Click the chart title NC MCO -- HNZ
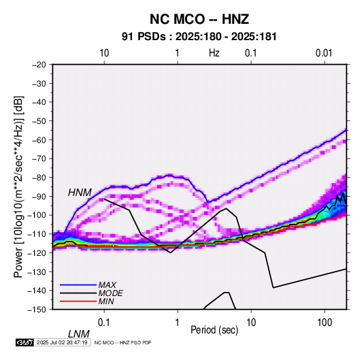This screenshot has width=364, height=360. pyautogui.click(x=199, y=19)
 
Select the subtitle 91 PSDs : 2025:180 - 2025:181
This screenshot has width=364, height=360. pyautogui.click(x=199, y=37)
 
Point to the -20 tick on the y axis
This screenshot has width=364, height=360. pyautogui.click(x=39, y=65)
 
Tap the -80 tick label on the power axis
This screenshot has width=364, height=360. pyautogui.click(x=39, y=178)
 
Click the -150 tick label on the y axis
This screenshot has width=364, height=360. pyautogui.click(x=37, y=310)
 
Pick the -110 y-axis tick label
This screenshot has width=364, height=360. pyautogui.click(x=37, y=234)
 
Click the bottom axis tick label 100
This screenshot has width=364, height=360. pyautogui.click(x=325, y=323)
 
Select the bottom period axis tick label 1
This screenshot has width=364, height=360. pyautogui.click(x=178, y=323)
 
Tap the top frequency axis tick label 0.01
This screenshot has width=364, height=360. pyautogui.click(x=324, y=53)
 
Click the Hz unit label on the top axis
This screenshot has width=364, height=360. pyautogui.click(x=214, y=53)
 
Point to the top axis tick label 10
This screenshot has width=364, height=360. pyautogui.click(x=104, y=53)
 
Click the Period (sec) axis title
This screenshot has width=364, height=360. pyautogui.click(x=214, y=330)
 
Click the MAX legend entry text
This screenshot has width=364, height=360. pyautogui.click(x=107, y=285)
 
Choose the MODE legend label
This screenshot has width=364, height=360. pyautogui.click(x=110, y=293)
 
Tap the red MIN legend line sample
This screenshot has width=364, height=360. pyautogui.click(x=78, y=301)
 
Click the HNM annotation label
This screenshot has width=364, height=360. pyautogui.click(x=80, y=193)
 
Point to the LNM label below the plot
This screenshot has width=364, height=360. pyautogui.click(x=79, y=334)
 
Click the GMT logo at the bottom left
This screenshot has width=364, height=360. pyautogui.click(x=24, y=342)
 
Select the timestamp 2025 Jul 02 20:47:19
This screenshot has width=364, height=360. pyautogui.click(x=62, y=342)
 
